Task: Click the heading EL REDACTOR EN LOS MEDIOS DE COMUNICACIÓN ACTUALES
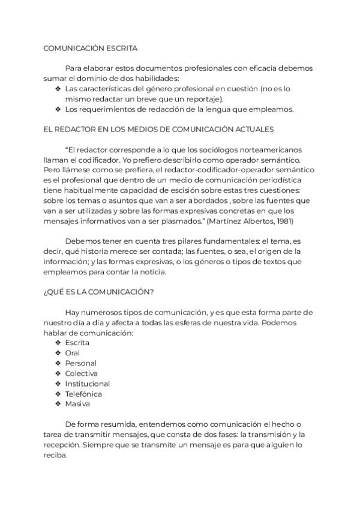pos(158,129)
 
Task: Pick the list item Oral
pos(73,353)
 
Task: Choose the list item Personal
pos(80,363)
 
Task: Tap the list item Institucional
pos(87,384)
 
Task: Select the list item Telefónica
pos(83,394)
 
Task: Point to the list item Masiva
pos(77,404)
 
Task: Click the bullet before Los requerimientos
pos(58,109)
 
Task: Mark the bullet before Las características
pos(58,88)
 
